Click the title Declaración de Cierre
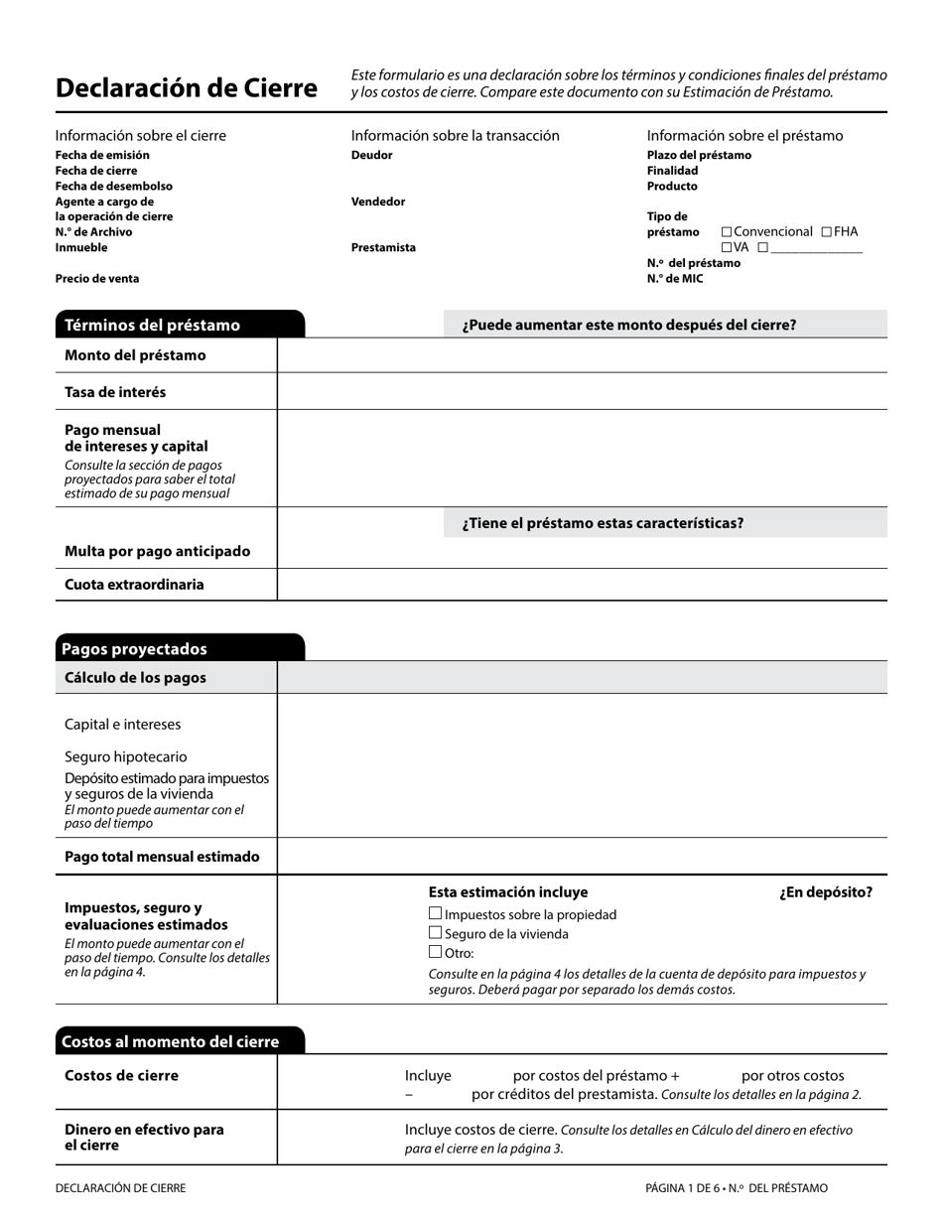point(187,88)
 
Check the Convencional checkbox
point(727,232)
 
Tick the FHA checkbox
point(827,232)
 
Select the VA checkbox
point(727,248)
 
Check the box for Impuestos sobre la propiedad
point(435,913)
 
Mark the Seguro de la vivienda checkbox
point(435,933)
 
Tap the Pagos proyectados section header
point(134,649)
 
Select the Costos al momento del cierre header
point(170,1041)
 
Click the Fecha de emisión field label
point(102,155)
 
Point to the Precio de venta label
point(97,279)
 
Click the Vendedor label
point(378,202)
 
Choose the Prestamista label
point(383,248)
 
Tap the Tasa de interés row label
point(115,392)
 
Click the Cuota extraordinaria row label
point(134,585)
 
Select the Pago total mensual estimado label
point(162,857)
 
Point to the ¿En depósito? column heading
point(826,892)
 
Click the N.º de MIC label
point(675,279)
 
